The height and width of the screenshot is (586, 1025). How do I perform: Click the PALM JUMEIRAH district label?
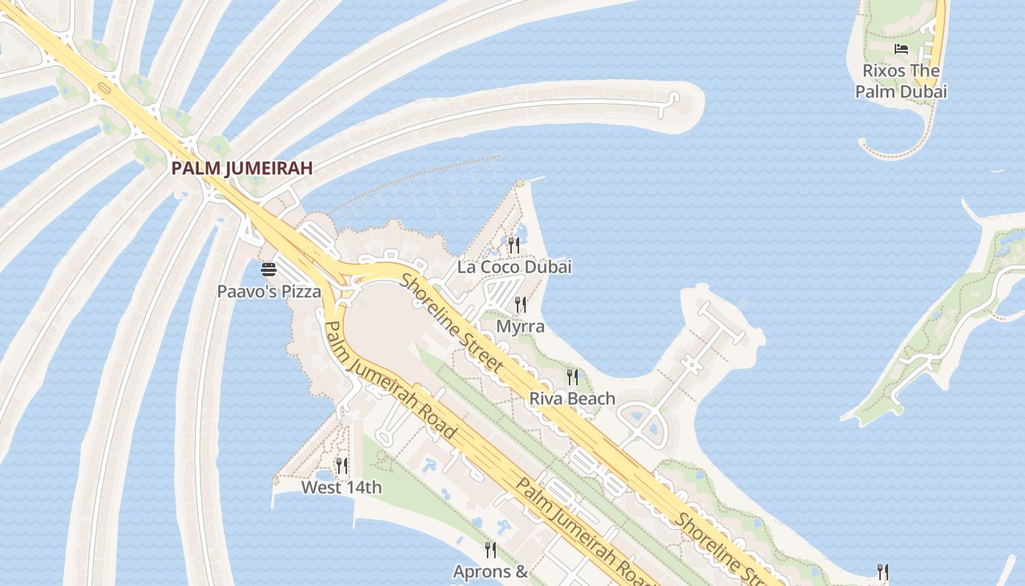coord(242,168)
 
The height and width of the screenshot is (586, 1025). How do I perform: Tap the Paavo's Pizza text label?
coord(269,292)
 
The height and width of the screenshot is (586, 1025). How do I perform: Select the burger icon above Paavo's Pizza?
coord(269,270)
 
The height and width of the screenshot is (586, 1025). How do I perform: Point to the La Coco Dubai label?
coord(514,267)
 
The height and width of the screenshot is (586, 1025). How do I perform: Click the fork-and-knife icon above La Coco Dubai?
coord(514,244)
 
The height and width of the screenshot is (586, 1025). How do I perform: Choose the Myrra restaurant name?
coord(520,326)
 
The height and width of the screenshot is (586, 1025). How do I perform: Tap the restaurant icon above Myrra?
coord(520,304)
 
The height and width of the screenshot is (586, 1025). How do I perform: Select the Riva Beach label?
coord(572,399)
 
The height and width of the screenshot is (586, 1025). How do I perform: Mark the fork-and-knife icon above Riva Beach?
coord(573,377)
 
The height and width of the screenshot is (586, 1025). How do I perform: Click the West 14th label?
coord(341,487)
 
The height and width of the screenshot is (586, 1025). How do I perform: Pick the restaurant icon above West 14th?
coord(341,465)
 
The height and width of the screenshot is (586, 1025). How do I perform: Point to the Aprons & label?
coord(490,571)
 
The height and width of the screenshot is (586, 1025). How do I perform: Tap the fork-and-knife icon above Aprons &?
coord(490,549)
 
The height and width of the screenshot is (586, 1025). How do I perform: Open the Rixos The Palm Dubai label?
coord(901,81)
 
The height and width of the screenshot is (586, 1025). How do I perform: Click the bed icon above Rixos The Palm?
coord(901,49)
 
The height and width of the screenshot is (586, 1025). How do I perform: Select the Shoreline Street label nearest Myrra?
coord(452,322)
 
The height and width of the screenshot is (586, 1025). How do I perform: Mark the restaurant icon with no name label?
coord(883,571)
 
